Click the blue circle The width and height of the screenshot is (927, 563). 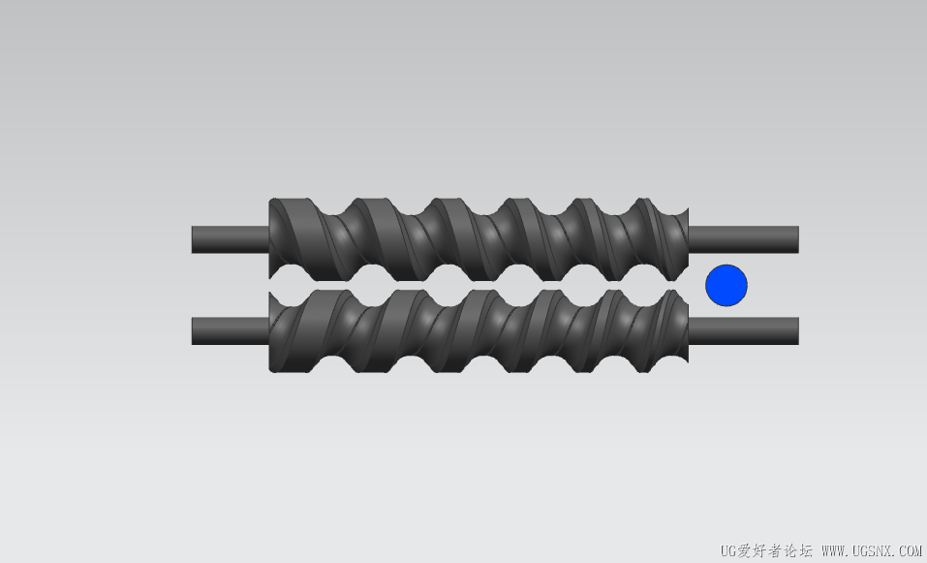point(726,286)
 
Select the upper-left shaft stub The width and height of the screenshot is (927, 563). point(231,239)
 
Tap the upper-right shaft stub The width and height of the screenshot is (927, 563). point(744,239)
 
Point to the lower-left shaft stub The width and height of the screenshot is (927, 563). point(231,331)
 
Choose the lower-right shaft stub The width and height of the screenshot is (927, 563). point(744,331)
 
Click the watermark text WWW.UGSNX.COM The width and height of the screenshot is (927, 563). point(872,551)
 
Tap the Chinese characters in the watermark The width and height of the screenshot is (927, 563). point(776,551)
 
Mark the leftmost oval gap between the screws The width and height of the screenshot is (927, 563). point(293,286)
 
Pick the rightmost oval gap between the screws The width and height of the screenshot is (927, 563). point(644,286)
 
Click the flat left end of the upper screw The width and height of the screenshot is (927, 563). point(271,239)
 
